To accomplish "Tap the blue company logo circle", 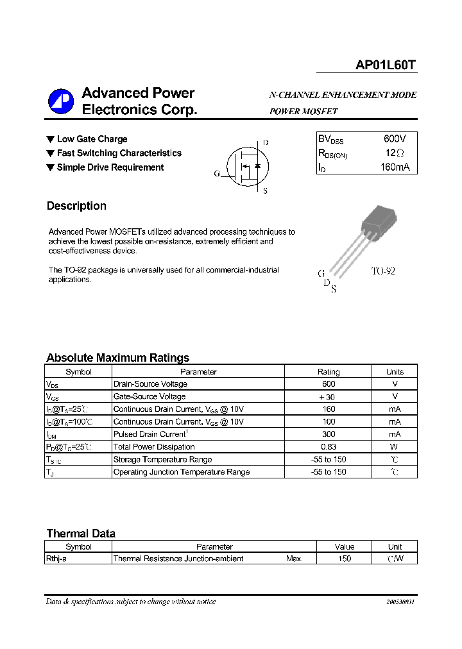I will [x=61, y=101].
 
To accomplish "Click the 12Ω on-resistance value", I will [x=395, y=153].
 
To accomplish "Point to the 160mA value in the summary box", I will [x=394, y=167].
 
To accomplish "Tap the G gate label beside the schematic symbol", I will [x=217, y=174].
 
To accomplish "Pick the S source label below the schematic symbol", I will [x=266, y=191].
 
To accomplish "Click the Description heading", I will [x=76, y=206].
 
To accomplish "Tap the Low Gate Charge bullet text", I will [x=92, y=139].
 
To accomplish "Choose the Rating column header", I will [x=329, y=371].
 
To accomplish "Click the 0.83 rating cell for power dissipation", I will [x=329, y=447].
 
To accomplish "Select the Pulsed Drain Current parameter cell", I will [x=153, y=434].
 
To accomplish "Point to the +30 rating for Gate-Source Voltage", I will [x=327, y=397].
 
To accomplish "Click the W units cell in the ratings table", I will [x=395, y=447].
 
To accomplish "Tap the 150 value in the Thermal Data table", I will [x=345, y=559].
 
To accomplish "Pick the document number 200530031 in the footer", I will [x=400, y=602].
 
